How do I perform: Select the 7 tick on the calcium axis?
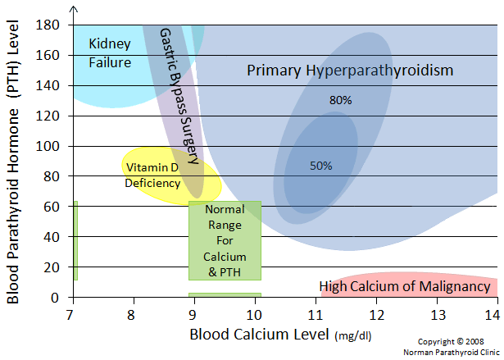(x=71, y=314)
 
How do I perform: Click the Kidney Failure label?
(x=110, y=52)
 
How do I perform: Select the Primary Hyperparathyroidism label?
(x=350, y=71)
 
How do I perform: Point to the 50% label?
(x=320, y=166)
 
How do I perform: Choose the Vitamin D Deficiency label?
(x=152, y=175)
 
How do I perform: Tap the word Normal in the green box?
(x=225, y=209)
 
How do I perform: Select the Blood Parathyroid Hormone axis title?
(x=13, y=164)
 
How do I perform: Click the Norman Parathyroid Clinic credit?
(x=452, y=352)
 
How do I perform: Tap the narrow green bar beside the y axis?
(x=75, y=239)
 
